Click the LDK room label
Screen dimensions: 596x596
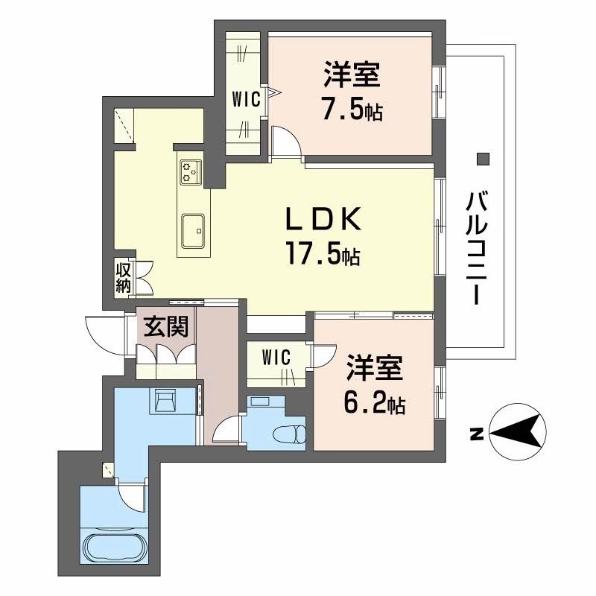[324, 221]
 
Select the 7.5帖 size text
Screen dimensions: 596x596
[352, 110]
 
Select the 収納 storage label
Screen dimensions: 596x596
[123, 276]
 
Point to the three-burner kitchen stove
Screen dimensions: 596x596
[191, 171]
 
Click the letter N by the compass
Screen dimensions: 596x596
[475, 433]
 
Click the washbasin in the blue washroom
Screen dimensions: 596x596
[164, 401]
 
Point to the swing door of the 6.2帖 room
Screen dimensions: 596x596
[323, 356]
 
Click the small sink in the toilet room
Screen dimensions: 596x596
[260, 402]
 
